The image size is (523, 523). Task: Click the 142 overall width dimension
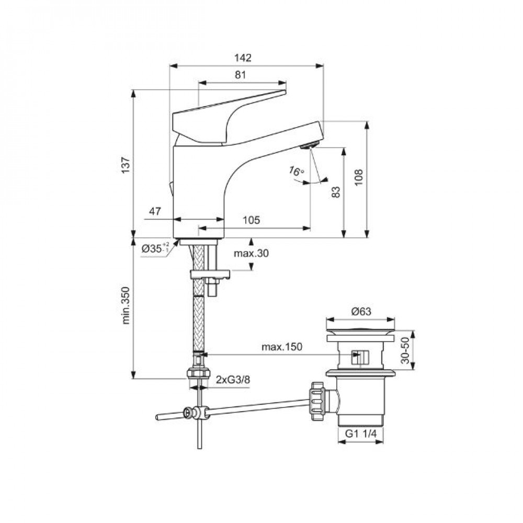[x=243, y=58]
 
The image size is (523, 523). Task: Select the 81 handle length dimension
[x=240, y=75]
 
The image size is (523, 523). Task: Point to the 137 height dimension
[x=126, y=164]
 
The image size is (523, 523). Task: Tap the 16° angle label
[x=296, y=172]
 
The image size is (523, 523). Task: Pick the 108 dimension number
[x=359, y=178]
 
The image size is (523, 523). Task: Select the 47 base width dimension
[x=155, y=211]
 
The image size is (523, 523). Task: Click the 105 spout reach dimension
[x=251, y=220]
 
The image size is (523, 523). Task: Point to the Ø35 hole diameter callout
[x=156, y=248]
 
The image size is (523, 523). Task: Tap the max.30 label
[x=251, y=253]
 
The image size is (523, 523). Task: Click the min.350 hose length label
[x=126, y=305]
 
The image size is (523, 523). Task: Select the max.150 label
[x=282, y=347]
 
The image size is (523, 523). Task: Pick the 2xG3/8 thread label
[x=233, y=380]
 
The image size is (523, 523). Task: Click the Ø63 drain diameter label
[x=361, y=312]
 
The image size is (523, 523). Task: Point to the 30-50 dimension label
[x=405, y=350]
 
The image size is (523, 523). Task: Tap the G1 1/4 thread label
[x=360, y=434]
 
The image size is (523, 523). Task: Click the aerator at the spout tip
[x=310, y=145]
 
